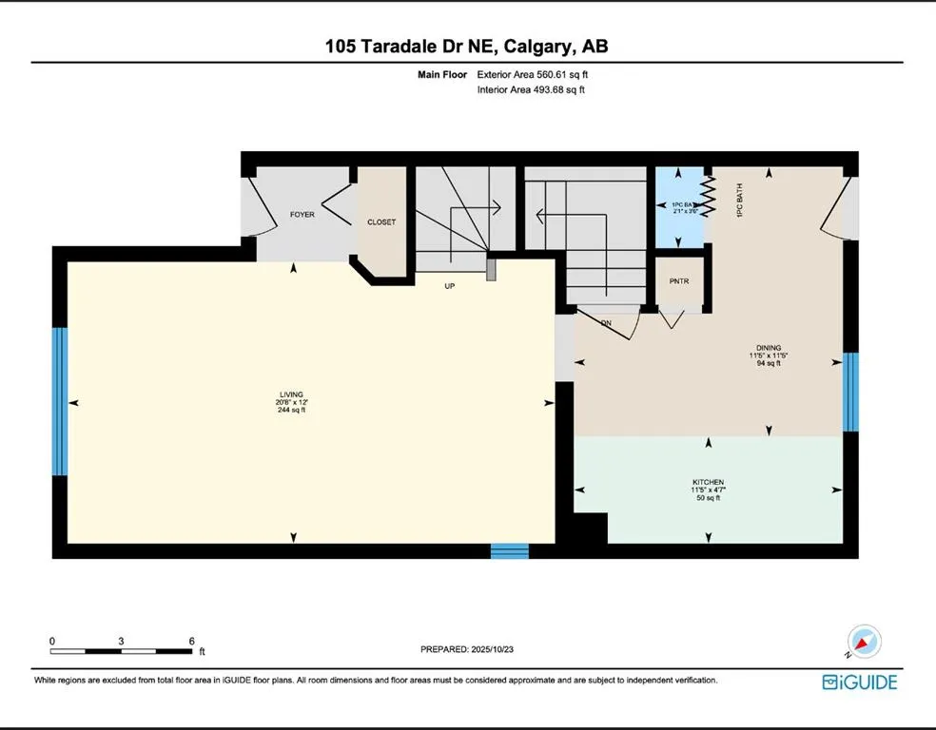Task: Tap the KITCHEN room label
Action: coord(709,482)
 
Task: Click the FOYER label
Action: coord(302,215)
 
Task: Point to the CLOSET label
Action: coord(381,222)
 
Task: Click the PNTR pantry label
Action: coord(678,282)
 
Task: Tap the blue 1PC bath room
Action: coord(677,208)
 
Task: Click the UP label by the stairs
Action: coord(450,285)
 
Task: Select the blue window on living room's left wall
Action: coord(60,401)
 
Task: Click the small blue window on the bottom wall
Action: coord(509,550)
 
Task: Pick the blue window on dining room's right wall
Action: coord(850,378)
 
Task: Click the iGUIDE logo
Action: coord(859,682)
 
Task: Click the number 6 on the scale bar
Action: coord(191,641)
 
